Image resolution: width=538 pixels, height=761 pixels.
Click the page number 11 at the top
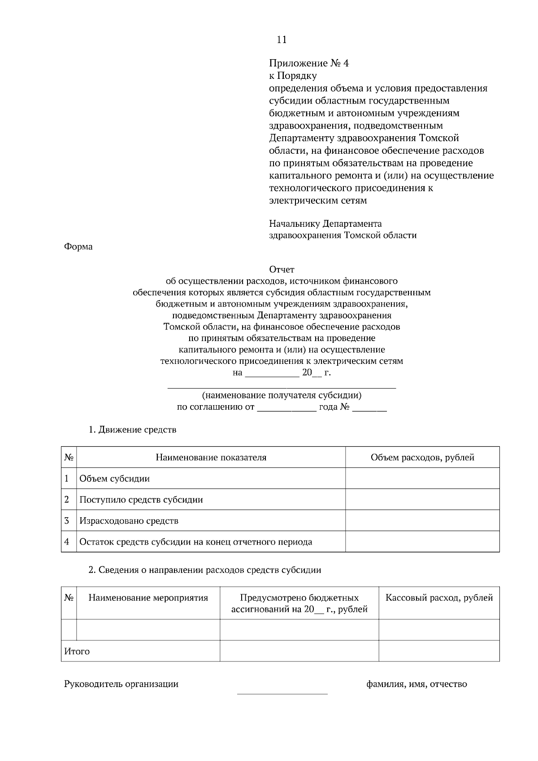[282, 40]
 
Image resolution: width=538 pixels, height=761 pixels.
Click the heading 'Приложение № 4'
[309, 63]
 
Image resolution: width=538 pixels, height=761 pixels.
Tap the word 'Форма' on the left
[78, 247]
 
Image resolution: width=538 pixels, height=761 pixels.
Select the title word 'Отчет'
[282, 270]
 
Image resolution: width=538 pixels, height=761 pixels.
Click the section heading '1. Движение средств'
[133, 430]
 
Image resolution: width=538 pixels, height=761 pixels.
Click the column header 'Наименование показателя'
[211, 458]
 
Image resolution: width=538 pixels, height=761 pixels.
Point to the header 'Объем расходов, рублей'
[422, 458]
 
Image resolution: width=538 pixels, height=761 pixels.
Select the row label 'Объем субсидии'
[114, 479]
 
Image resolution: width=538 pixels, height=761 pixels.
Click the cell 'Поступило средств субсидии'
[141, 500]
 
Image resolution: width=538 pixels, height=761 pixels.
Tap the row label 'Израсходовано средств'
[129, 521]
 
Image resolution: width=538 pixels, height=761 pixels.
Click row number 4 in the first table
[67, 542]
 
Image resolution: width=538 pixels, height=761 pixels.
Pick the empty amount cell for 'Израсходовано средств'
[422, 521]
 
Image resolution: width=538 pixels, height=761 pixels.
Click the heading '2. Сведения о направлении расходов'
[205, 570]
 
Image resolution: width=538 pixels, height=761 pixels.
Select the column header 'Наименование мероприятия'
[148, 598]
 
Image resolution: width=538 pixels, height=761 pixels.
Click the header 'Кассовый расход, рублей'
[439, 598]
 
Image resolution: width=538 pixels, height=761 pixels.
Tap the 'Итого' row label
[77, 652]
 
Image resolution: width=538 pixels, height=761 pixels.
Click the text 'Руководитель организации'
[121, 684]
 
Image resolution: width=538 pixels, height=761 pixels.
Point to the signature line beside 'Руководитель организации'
[282, 693]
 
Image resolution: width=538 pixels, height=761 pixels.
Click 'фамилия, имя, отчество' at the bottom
[417, 684]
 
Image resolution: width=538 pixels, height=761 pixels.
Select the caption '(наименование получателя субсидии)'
[282, 396]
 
